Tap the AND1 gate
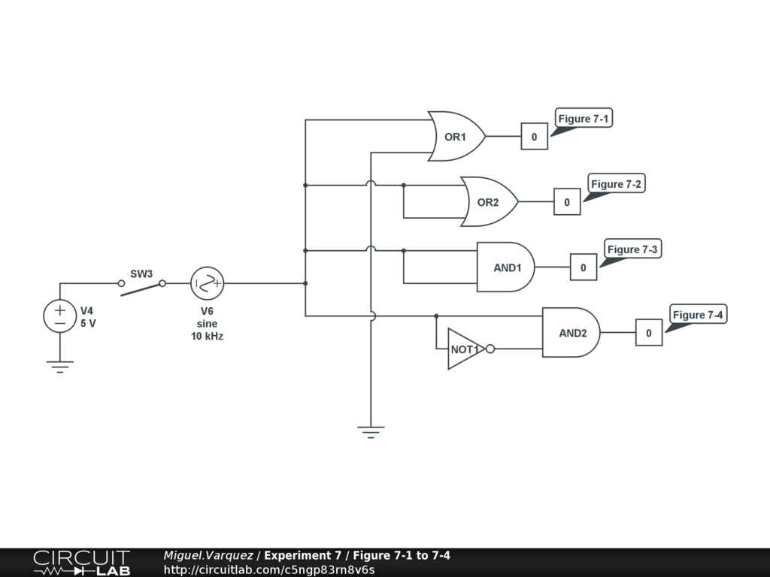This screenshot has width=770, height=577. point(506,267)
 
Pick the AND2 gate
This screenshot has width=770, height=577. point(571,332)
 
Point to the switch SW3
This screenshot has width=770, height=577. point(141,285)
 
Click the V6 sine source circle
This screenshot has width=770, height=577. point(208,283)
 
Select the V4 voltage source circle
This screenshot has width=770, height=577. point(60,316)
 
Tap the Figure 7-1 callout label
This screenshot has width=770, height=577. point(584,119)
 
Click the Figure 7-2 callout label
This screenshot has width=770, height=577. point(617,184)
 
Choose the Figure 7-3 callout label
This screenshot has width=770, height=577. point(633,249)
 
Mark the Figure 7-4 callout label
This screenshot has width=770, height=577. point(698,315)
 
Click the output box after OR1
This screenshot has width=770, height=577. point(535,137)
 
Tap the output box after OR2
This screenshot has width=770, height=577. point(567,202)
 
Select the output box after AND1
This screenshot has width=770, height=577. point(584,267)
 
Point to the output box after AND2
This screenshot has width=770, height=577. point(649,332)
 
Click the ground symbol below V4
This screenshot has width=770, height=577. point(60,366)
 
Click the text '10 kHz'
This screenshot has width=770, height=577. point(207,337)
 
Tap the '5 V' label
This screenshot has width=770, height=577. point(89,324)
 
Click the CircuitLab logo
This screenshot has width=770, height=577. point(81,563)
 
